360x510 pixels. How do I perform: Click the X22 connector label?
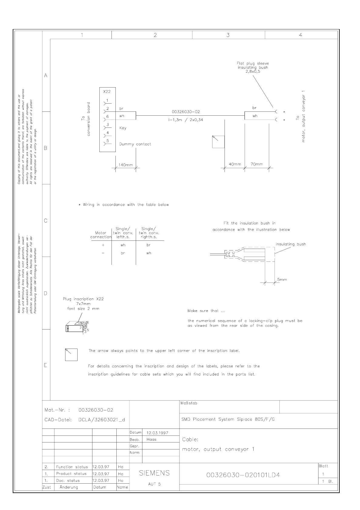[107, 91]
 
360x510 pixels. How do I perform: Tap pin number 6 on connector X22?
[108, 116]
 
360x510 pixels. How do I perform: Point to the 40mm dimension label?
[235, 164]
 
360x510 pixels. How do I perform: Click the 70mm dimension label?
[257, 164]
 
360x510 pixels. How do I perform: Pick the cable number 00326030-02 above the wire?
[186, 112]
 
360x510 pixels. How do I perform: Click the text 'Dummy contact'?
[135, 144]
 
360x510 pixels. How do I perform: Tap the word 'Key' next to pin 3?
[123, 128]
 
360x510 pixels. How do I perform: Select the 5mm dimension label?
[282, 280]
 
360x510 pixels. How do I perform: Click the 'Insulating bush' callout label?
[291, 244]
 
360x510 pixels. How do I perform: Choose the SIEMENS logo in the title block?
[154, 473]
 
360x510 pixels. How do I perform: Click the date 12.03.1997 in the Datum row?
[157, 433]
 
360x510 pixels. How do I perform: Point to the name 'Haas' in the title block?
[151, 439]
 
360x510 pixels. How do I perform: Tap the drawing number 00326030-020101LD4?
[243, 475]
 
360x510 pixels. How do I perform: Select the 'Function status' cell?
[72, 467]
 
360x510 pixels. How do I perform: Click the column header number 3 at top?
[228, 35]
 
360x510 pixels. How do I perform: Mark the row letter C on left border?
[45, 221]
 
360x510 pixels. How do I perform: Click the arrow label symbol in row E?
[71, 355]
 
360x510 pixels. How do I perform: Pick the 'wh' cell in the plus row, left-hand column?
[123, 245]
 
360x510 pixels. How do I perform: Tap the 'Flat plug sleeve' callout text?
[253, 64]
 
